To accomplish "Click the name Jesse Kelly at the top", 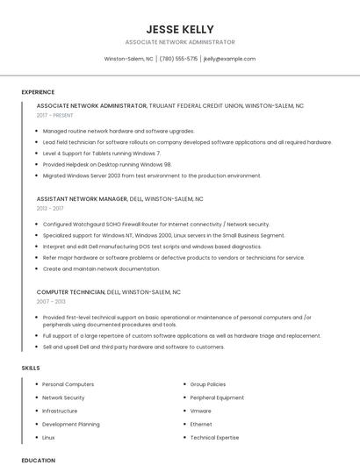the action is (x=180, y=29).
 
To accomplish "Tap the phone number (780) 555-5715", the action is (x=178, y=59).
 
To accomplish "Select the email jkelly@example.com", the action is (x=229, y=59).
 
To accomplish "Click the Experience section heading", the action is (x=38, y=92).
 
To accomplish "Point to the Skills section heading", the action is (x=31, y=368).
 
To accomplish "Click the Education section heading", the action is (x=38, y=460).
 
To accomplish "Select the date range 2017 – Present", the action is (x=54, y=115).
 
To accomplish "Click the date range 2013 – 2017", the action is (x=49, y=209).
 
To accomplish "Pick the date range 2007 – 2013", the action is (x=51, y=301).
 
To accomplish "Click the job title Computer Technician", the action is (x=71, y=291).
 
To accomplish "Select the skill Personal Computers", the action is (x=68, y=384).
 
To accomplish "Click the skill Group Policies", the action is (x=208, y=384).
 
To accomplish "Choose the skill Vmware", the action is (x=200, y=411).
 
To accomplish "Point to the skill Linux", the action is (x=48, y=437).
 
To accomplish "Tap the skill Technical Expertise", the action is (x=214, y=437).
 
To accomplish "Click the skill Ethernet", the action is (x=201, y=424).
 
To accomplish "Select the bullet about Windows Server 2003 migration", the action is (x=152, y=175).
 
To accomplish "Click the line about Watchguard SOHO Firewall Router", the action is (x=156, y=224).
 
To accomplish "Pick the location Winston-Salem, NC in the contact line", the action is (x=128, y=59).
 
